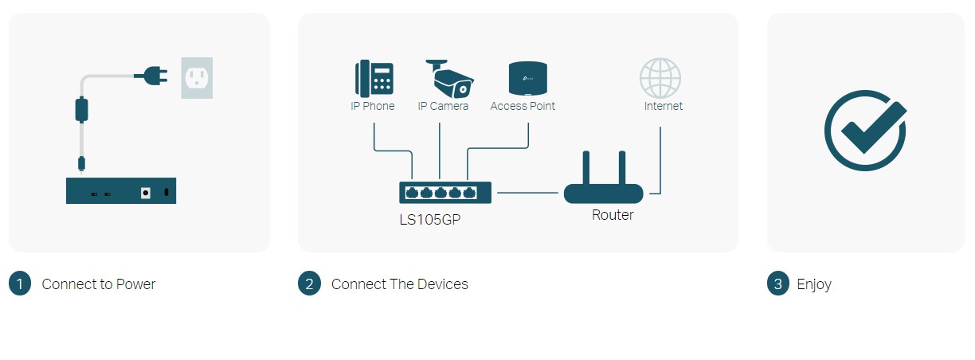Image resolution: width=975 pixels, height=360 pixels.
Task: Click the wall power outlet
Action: click(x=197, y=77)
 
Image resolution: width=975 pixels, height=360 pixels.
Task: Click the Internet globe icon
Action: click(x=660, y=78)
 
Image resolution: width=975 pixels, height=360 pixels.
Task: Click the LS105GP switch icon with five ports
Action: click(x=445, y=193)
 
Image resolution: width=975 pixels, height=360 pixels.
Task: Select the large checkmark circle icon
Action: click(x=865, y=131)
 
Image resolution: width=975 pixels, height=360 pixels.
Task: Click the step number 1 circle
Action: click(x=20, y=284)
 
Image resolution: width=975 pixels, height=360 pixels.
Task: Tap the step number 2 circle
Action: click(x=309, y=284)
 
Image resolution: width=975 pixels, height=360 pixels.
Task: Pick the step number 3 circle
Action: click(x=778, y=284)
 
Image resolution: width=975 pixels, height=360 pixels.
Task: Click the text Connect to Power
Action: click(x=99, y=284)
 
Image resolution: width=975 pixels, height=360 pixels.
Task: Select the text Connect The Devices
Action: click(x=400, y=284)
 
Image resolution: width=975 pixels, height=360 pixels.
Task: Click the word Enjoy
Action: click(x=814, y=284)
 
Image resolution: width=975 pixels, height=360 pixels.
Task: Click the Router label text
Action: click(x=613, y=215)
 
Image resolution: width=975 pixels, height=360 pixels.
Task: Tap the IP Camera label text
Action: click(x=443, y=106)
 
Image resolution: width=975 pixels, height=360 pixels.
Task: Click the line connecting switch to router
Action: click(x=527, y=193)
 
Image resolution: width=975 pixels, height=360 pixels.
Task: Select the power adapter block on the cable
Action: click(x=81, y=109)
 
